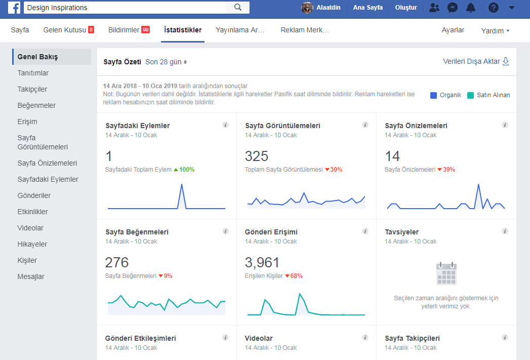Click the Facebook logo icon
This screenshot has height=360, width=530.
coord(14,8)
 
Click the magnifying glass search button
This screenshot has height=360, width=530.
coord(238,8)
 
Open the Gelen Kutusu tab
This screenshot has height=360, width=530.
coord(69,30)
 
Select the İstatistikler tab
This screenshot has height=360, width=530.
coord(183,30)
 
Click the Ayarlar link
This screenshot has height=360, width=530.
coord(453,30)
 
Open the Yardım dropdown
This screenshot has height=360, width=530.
coord(495,31)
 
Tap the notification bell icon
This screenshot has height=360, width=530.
coord(470,8)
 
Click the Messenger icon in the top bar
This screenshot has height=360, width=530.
coord(452,8)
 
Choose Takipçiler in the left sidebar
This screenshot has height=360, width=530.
coord(32,89)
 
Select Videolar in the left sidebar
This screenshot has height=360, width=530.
coord(30,228)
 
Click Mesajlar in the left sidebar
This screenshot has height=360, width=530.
coord(31,276)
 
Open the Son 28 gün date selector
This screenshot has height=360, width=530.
coord(166,62)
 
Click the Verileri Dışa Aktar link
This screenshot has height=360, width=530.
coord(476,61)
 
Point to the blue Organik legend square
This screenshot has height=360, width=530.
coord(433,95)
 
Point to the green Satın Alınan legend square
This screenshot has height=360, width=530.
coord(470,95)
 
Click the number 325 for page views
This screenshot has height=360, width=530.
coord(257,156)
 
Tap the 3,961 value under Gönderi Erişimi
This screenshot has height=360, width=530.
coord(262,263)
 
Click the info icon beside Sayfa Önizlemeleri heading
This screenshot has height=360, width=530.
coord(505,125)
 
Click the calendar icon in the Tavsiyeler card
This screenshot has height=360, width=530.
coord(446,273)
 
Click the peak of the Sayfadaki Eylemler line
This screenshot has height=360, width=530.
coord(182,184)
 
